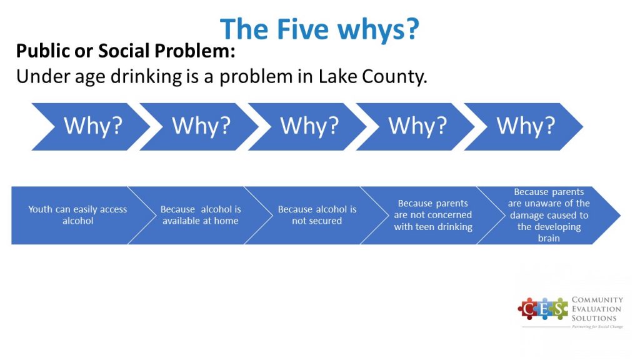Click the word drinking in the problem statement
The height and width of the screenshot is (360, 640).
coord(146,77)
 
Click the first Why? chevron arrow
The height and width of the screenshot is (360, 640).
coord(91,126)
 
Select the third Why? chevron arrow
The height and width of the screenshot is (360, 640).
coord(307,126)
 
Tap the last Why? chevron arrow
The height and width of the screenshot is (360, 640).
coord(524,126)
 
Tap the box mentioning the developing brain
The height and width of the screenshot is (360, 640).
coord(549,215)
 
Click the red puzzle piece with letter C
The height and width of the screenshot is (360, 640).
coord(528,309)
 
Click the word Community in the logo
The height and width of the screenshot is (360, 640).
coord(597,299)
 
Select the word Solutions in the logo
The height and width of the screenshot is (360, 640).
coord(594,318)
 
